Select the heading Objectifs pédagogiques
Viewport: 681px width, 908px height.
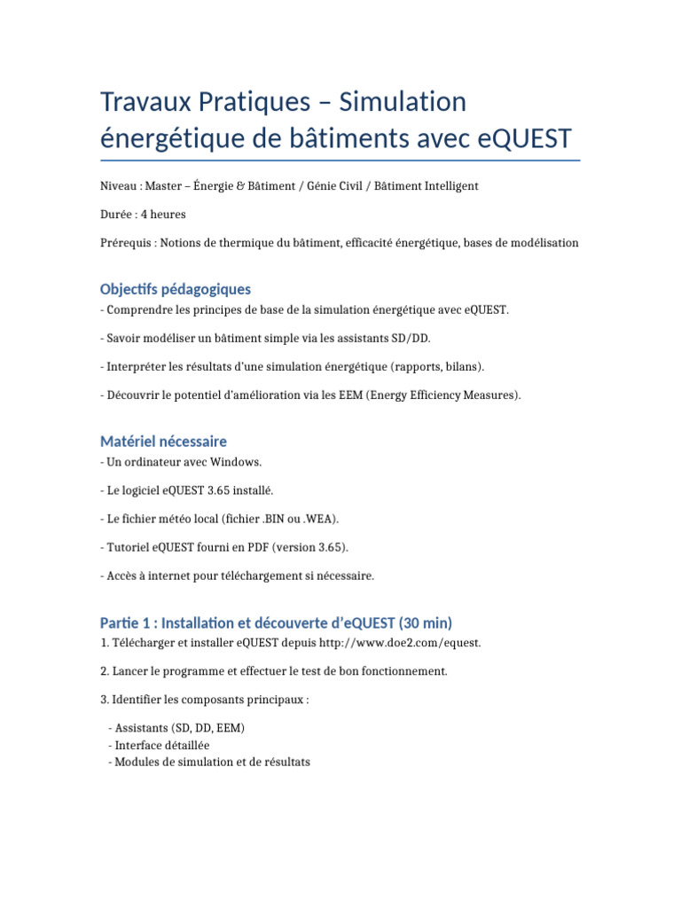click(176, 289)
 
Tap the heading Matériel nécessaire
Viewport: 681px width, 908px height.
click(164, 441)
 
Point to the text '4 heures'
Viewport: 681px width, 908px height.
click(163, 214)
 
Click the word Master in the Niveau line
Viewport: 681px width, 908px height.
click(164, 185)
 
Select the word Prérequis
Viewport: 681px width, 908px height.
click(123, 242)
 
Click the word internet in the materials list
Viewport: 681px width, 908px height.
click(171, 575)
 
